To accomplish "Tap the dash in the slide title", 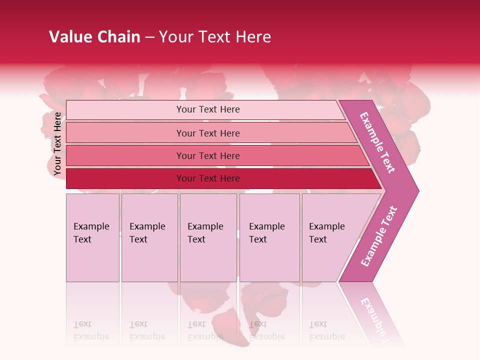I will coord(149,37).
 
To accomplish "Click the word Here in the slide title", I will coord(253,37).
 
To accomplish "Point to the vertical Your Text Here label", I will coord(57,143).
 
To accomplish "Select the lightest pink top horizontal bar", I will coord(207,109).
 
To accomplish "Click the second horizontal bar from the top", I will coord(207,133).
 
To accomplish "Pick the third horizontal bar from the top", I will coord(207,155).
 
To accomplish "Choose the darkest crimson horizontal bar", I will coord(207,178).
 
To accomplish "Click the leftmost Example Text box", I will coord(92,237).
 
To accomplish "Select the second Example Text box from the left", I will coord(149,237).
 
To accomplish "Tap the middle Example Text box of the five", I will coord(208,237).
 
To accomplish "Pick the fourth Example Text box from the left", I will coord(269,237).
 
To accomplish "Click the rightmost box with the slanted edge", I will coord(330,237).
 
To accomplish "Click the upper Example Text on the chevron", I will coord(378,142).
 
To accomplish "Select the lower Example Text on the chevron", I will coord(379,236).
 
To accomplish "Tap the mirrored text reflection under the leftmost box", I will coord(91,330).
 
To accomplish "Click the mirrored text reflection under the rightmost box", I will coord(326,330).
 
